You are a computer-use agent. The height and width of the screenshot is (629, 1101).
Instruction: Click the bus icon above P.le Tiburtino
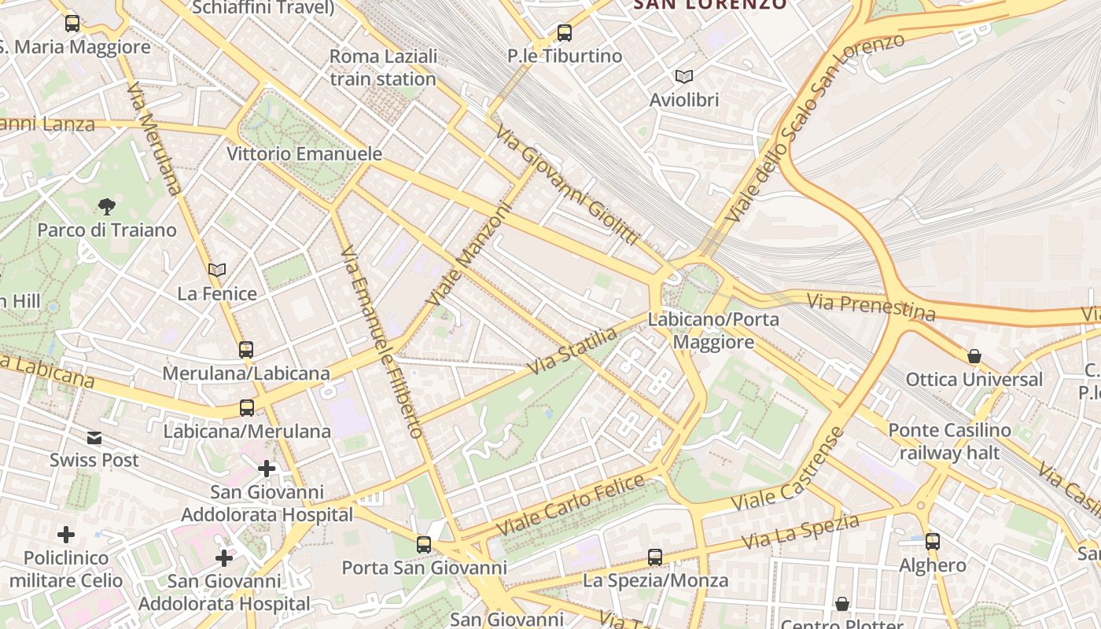point(564,33)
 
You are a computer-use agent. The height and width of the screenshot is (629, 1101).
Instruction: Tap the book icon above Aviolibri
point(684,76)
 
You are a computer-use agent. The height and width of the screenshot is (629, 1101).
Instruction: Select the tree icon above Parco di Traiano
point(107,207)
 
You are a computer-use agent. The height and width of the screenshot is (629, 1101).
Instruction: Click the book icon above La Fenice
point(217,270)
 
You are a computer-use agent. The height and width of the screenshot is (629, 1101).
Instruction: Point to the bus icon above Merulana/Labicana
point(246,349)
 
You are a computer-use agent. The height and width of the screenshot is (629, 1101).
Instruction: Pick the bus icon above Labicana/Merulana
point(247,407)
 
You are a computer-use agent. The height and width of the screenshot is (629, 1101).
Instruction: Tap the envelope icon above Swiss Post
point(94,437)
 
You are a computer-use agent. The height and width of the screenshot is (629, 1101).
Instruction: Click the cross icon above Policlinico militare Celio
point(66,535)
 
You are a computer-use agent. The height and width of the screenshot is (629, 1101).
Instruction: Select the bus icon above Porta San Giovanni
point(424,544)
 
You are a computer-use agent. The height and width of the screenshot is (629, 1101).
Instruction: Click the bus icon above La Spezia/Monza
point(655,557)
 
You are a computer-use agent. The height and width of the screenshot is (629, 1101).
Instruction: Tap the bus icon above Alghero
point(933,541)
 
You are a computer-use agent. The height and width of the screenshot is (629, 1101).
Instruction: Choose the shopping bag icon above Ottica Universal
point(974,356)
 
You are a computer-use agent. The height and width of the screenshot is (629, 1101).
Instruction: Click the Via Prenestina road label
point(871,307)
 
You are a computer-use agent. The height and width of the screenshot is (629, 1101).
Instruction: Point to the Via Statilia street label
point(573,351)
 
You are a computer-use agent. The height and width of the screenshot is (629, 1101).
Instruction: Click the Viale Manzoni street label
point(469,254)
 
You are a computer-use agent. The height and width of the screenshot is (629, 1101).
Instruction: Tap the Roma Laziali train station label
point(383,68)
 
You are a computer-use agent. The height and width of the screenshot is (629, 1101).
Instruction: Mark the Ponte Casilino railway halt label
point(949,441)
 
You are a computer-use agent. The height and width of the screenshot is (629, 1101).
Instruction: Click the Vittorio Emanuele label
point(304,154)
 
